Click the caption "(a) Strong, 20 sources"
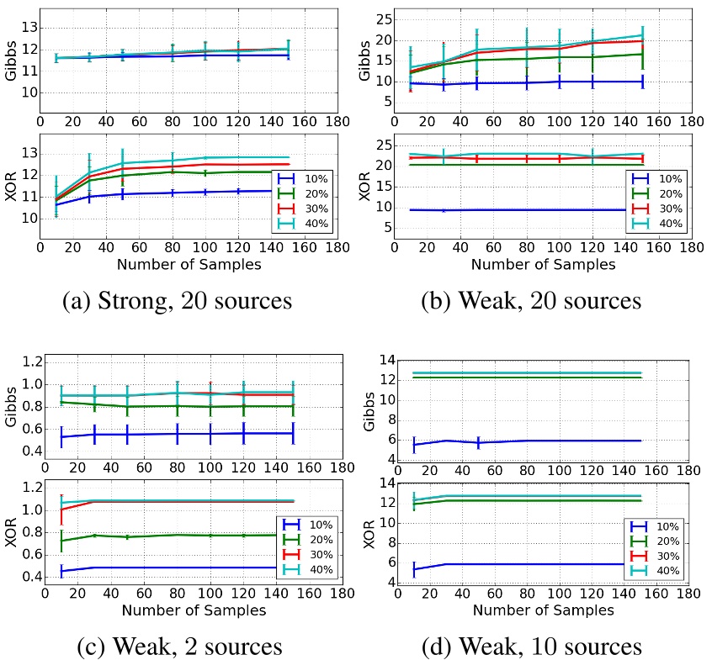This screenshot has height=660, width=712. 177,300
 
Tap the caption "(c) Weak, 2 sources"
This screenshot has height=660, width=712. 179,646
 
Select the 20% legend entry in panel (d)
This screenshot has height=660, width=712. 658,540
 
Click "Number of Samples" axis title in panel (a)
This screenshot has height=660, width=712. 189,265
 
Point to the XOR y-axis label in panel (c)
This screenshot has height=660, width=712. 11,531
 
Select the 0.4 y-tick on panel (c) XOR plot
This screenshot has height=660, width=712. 28,577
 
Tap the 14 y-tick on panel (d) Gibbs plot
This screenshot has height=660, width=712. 387,360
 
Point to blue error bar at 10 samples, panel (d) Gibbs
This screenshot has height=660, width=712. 414,444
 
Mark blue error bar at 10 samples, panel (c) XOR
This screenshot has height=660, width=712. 61,572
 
